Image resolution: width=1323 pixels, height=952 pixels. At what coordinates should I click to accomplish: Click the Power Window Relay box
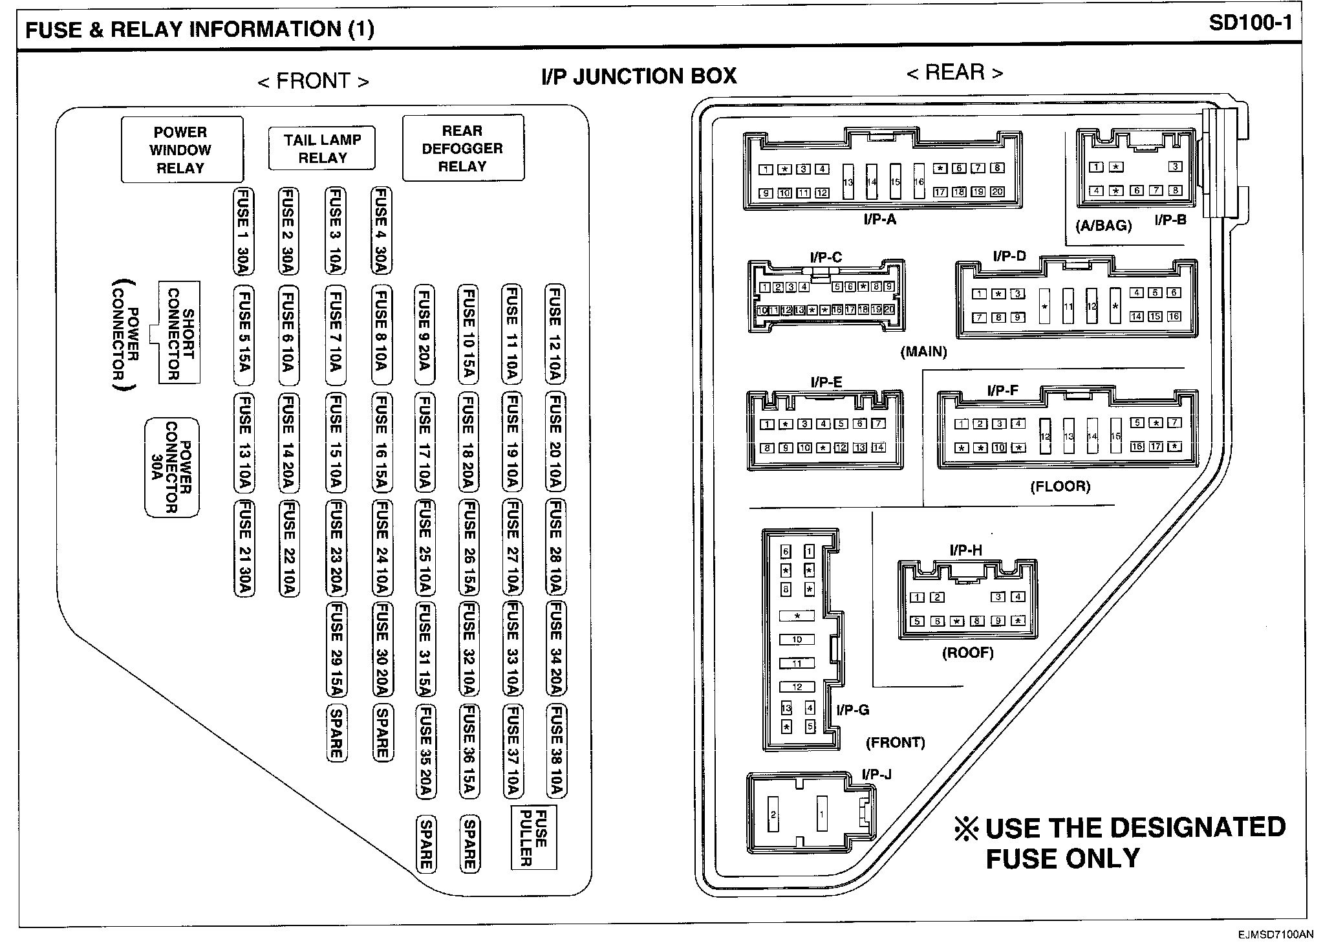tap(182, 150)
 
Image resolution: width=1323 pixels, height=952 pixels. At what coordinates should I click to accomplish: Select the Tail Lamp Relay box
tap(322, 148)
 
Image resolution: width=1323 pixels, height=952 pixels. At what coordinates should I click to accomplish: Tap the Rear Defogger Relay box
tap(462, 148)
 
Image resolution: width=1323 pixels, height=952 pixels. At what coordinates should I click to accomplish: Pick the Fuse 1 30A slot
tap(243, 231)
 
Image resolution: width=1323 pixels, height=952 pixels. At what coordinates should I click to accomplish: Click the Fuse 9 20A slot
tap(424, 331)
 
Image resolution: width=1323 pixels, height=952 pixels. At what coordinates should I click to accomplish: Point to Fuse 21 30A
tap(243, 548)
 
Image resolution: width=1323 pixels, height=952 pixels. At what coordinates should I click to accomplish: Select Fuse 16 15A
tap(382, 443)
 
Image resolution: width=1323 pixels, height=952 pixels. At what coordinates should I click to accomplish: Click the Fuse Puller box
tap(533, 838)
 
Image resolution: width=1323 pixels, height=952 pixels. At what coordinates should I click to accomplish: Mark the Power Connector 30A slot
tap(171, 468)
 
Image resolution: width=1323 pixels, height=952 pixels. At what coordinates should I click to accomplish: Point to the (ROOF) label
tap(967, 653)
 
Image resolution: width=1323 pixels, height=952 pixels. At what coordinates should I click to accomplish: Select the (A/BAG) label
tap(1103, 226)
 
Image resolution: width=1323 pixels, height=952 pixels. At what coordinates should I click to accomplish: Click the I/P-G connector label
tap(852, 710)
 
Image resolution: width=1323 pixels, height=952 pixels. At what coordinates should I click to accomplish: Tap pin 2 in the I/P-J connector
tap(773, 815)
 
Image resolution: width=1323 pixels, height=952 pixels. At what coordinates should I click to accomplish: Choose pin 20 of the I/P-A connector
tap(997, 192)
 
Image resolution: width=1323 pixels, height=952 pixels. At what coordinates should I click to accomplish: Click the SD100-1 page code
tap(1250, 23)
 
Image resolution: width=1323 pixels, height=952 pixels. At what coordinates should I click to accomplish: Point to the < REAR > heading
tap(954, 72)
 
